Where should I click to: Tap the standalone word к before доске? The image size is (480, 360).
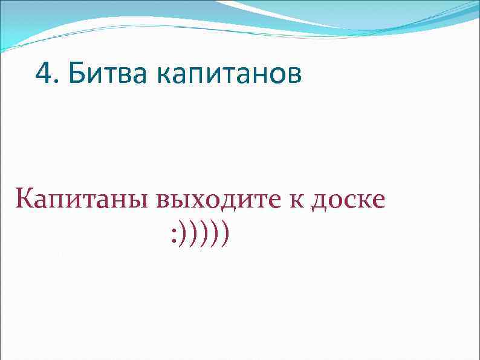pos(299,200)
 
